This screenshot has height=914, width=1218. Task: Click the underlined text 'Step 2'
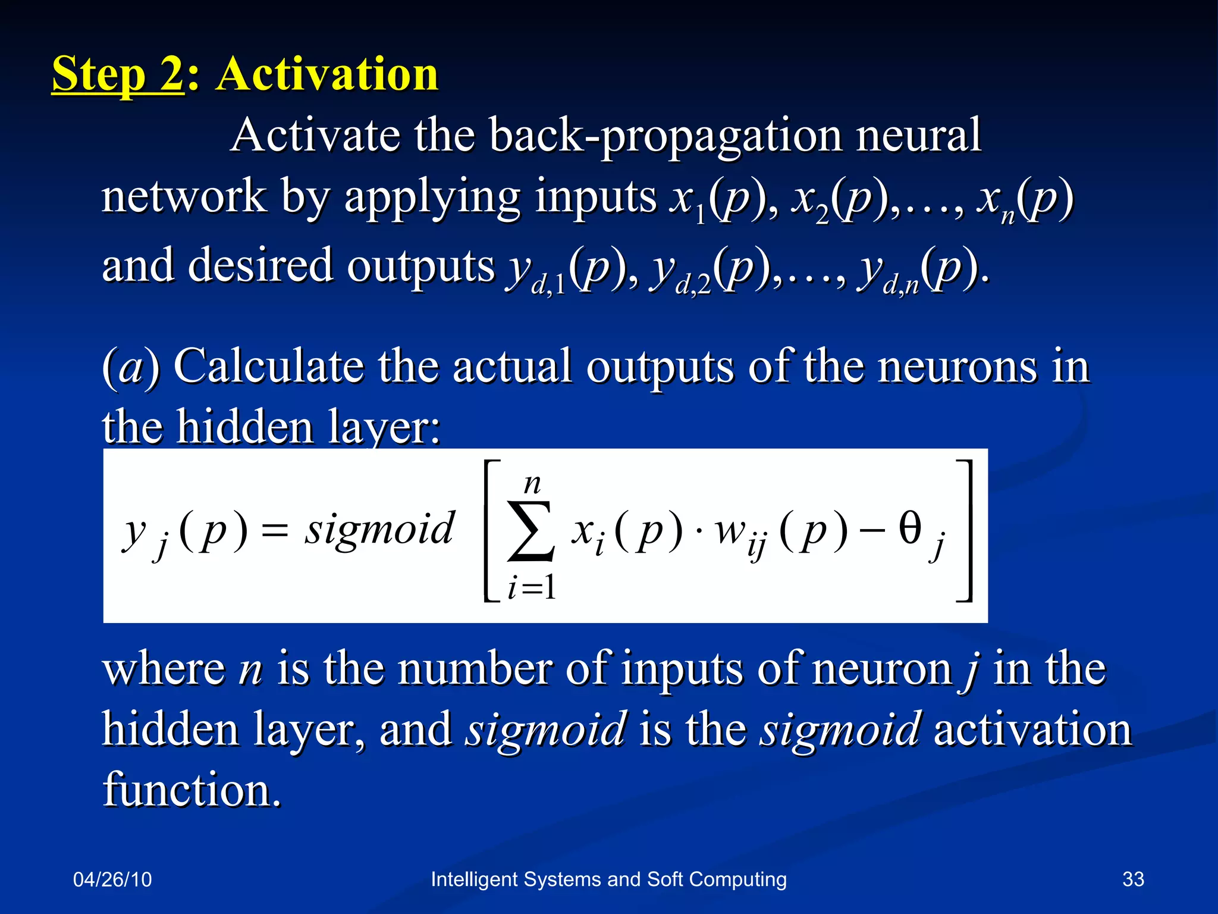coord(118,74)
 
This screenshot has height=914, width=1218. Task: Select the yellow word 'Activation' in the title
coord(327,74)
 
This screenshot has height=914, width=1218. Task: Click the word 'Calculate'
coord(268,367)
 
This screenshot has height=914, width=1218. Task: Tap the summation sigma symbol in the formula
coord(530,531)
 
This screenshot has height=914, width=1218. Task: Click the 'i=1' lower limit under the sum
coord(532,589)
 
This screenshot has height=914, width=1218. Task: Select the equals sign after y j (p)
coord(275,530)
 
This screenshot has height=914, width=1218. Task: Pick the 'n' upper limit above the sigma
coord(532,484)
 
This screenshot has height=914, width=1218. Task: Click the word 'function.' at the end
coord(192,790)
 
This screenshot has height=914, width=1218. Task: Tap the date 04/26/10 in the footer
coord(112,879)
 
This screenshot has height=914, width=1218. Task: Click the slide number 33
coord(1133,879)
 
